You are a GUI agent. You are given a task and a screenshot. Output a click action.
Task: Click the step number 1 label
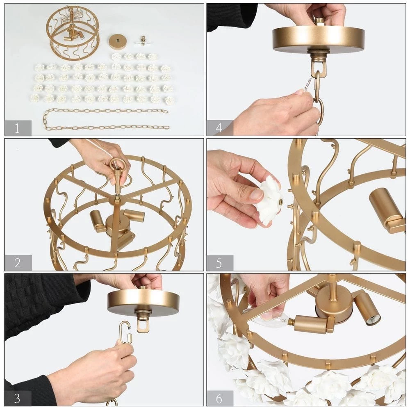(17, 128)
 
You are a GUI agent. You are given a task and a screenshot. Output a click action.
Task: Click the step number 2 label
(18, 263)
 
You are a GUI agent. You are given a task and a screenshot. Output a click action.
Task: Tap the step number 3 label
(17, 398)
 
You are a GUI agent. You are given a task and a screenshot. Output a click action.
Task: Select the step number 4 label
(219, 128)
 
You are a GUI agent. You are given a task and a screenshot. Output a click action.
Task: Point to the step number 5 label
(219, 263)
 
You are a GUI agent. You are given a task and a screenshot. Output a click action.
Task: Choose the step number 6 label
(219, 398)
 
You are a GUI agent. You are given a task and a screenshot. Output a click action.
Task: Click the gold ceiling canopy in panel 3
(143, 301)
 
